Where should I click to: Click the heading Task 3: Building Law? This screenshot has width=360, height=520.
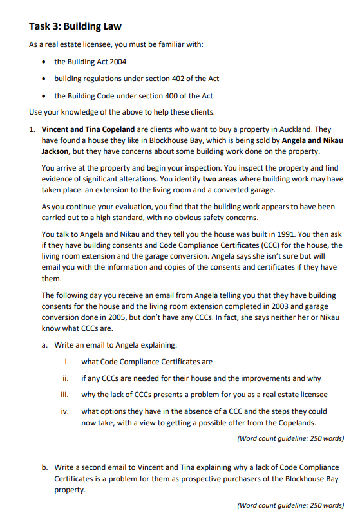tap(75, 26)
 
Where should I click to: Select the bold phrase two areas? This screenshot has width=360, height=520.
tap(222, 179)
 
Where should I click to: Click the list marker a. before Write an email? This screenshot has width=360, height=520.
tap(45, 345)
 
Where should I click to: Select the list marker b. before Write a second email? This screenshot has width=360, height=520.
tap(45, 467)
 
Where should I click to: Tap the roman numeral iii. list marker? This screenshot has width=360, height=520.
tap(66, 395)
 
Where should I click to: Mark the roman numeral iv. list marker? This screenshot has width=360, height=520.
tap(66, 411)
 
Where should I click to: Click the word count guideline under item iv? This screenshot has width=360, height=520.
tap(290, 438)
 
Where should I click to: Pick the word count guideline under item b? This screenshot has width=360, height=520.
tap(290, 506)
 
